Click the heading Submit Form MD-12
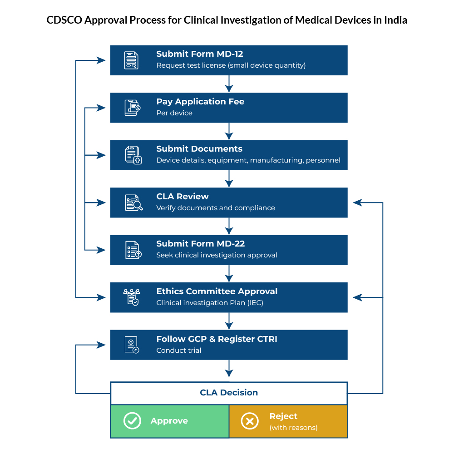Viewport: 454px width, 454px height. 200,54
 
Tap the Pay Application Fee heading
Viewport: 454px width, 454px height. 200,102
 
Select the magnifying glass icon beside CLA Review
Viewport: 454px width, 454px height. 133,202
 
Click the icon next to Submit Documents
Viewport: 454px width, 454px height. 133,155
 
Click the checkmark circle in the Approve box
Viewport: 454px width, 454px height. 132,421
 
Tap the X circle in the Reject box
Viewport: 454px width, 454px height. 249,421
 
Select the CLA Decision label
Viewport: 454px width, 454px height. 229,393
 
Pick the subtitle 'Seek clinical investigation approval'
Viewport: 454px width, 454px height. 217,255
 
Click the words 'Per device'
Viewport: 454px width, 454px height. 174,113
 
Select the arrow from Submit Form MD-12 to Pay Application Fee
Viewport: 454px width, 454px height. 229,84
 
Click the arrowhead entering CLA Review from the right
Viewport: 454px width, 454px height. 357,202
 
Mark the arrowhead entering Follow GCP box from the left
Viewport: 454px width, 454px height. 101,345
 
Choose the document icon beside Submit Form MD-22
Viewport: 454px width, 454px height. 133,250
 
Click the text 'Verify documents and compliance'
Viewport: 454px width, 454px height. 216,208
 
